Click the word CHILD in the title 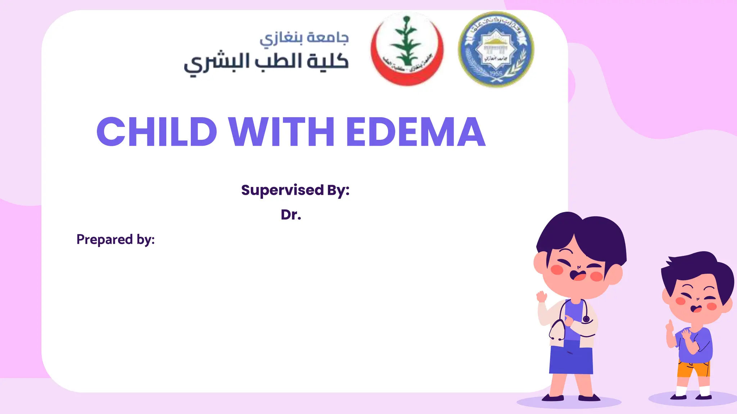pos(157,132)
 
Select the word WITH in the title pos(282,132)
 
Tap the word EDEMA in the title pos(416,132)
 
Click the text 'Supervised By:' pos(295,190)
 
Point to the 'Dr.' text pos(291,215)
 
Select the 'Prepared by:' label pos(116,239)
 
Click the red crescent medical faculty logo pos(407,49)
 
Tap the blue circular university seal pos(496,50)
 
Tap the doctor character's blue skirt pos(571,358)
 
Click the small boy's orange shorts pos(693,368)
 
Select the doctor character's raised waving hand pos(541,297)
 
